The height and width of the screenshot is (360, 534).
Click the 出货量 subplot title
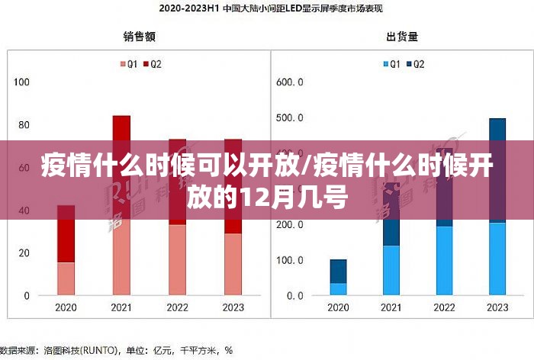click(x=402, y=36)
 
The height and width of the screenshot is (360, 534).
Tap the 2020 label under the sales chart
click(x=66, y=308)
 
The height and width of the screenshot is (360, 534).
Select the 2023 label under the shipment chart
click(x=497, y=308)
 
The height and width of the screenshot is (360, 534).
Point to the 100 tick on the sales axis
click(x=21, y=82)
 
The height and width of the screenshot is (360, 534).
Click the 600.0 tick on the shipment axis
click(x=290, y=82)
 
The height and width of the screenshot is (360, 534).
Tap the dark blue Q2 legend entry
click(x=416, y=65)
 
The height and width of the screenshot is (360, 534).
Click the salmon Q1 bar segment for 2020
click(x=66, y=278)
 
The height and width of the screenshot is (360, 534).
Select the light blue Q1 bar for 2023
click(x=497, y=259)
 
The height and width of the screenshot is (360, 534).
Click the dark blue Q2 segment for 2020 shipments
click(x=338, y=271)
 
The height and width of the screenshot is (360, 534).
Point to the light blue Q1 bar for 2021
click(x=391, y=271)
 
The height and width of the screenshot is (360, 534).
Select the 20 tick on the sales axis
click(x=24, y=253)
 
